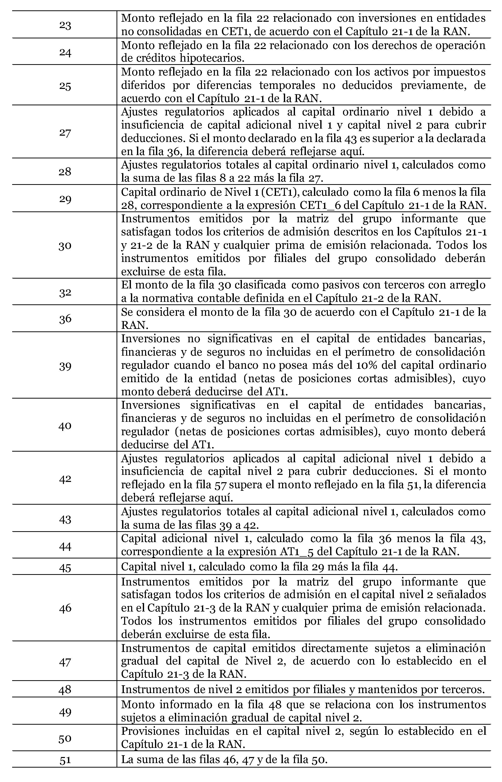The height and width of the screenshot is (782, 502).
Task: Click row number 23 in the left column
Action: tap(65, 25)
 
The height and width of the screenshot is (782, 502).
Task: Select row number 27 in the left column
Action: tap(65, 133)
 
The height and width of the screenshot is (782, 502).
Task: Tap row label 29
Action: tap(65, 199)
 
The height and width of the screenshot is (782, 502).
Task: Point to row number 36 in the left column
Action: tap(65, 319)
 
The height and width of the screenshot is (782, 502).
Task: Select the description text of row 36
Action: tap(303, 319)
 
